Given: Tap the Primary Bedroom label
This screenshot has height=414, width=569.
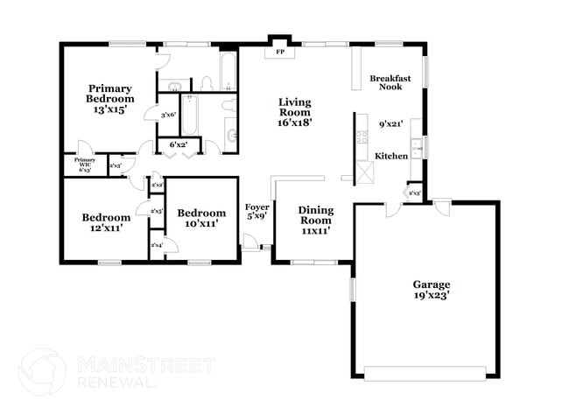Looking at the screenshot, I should tap(110, 99).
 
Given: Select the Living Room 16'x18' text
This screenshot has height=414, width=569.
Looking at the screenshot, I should tap(295, 112).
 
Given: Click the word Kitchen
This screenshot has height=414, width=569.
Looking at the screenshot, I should tap(391, 155).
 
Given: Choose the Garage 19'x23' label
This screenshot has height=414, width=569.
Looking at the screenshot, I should tap(432, 291).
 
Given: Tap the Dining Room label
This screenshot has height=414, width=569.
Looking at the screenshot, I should tap(315, 221).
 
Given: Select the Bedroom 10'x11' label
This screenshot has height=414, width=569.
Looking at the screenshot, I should tap(201, 218).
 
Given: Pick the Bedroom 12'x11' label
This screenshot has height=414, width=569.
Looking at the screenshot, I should tap(106, 222).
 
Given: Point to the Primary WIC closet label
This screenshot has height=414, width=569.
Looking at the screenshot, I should tap(85, 163).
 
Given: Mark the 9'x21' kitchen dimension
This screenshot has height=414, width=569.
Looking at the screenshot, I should tap(390, 124).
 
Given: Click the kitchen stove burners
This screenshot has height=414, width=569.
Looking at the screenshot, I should tap(361, 137).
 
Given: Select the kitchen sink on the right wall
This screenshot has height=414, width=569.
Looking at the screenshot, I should tap(418, 146).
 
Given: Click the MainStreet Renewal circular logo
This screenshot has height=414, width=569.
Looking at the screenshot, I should tap(42, 371).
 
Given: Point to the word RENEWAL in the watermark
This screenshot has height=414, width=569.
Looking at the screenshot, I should tap(116, 382).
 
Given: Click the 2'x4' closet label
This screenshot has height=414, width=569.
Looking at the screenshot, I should tap(158, 246).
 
